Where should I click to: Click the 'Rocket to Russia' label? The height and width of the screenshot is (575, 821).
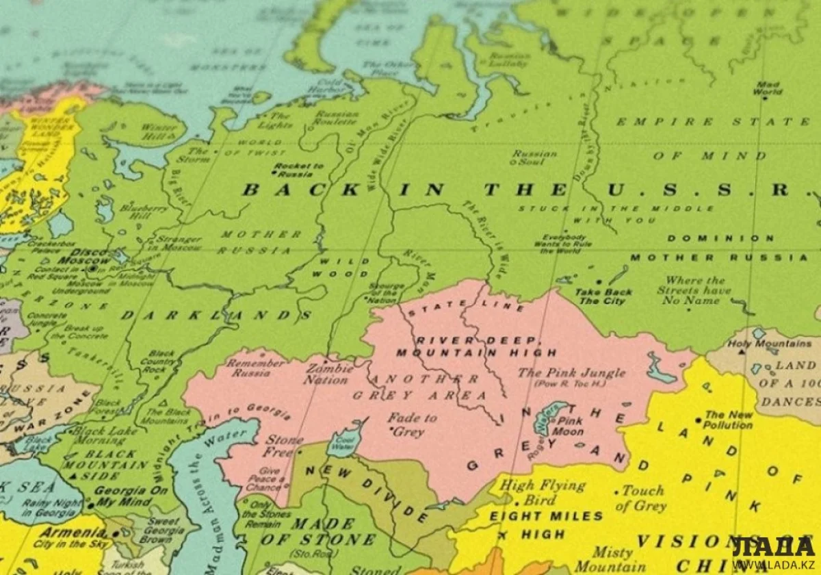(x=299, y=169)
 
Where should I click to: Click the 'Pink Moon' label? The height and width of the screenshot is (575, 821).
(x=570, y=426)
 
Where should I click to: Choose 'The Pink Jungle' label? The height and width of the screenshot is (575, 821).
(x=571, y=376)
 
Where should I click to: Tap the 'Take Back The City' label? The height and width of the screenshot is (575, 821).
(x=603, y=296)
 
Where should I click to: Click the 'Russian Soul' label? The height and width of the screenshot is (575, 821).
(x=535, y=158)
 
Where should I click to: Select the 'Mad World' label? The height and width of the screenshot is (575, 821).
(x=767, y=89)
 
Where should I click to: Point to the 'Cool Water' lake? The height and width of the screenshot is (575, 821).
(x=343, y=442)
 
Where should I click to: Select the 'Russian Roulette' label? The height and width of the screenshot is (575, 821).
(x=335, y=118)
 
